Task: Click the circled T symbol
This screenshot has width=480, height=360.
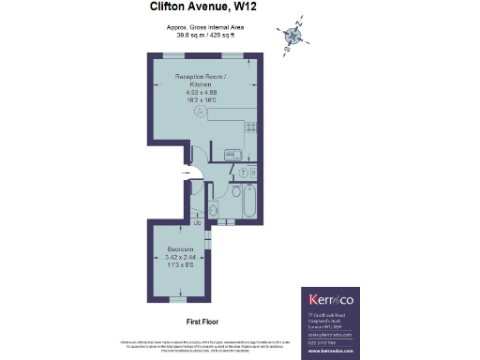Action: coord(242,172)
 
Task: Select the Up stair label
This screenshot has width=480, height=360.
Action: coord(196,222)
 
